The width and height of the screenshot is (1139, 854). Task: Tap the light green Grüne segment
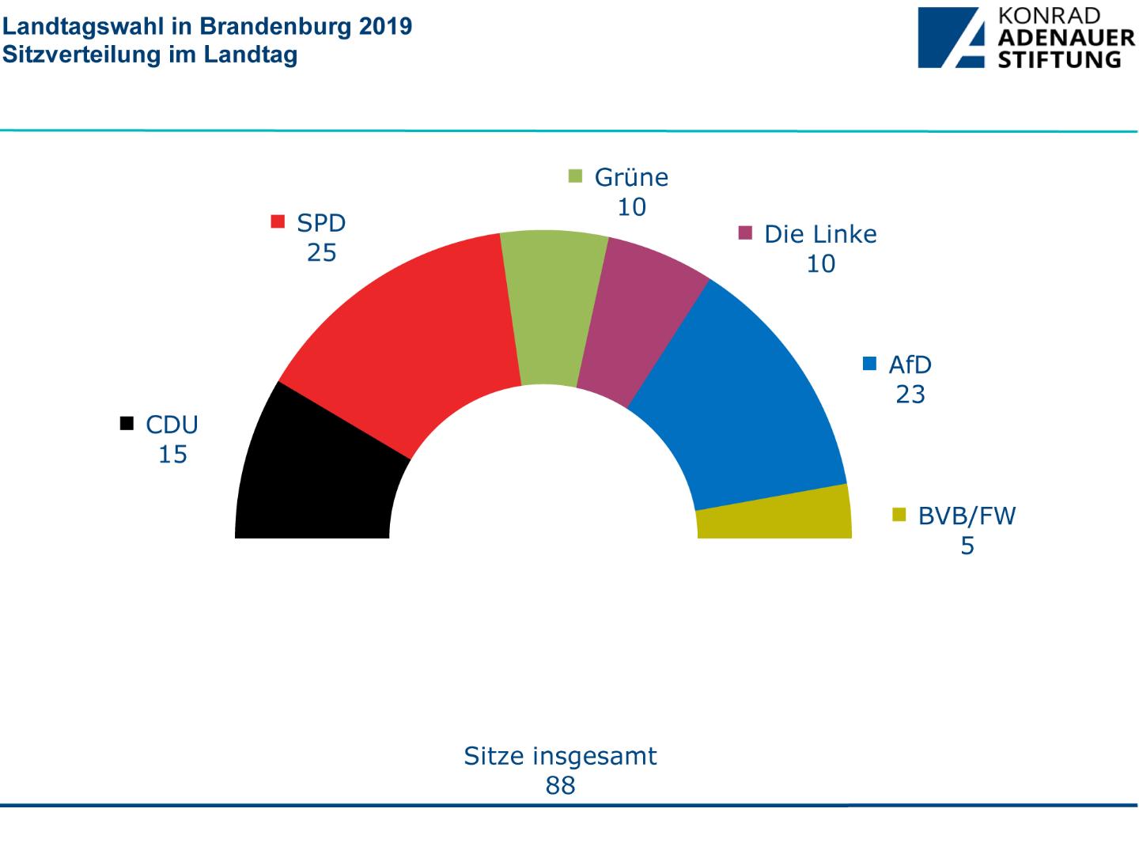point(552,308)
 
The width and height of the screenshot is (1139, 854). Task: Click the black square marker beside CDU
point(127,424)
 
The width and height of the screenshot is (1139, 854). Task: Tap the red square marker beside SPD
point(278,221)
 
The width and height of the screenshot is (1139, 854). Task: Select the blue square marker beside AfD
point(870,364)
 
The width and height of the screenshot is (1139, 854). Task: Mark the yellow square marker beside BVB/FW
point(899,515)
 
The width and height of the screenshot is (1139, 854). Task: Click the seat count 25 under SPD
point(322,253)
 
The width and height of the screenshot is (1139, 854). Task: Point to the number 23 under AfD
point(910,394)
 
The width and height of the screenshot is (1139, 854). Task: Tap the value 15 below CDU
point(172,455)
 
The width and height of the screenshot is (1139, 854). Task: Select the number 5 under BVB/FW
point(967,546)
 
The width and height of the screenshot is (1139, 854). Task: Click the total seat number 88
point(560,785)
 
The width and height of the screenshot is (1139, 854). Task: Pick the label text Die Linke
point(820,234)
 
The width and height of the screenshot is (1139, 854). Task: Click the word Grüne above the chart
point(631,177)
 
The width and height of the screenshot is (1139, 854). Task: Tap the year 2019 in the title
point(385,26)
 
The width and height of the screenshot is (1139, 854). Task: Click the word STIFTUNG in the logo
point(1058,59)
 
